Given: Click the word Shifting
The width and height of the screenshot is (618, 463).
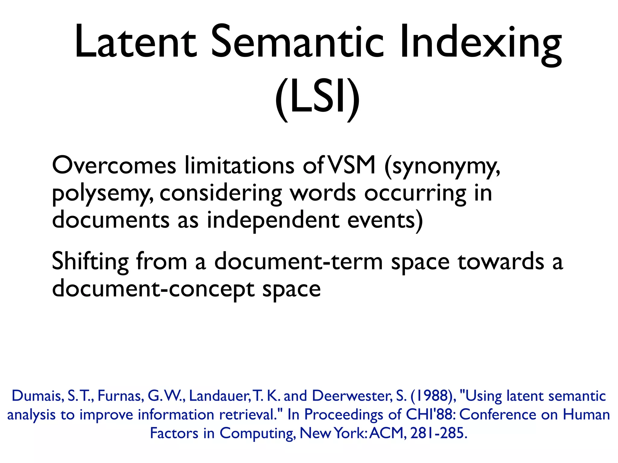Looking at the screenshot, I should (x=90, y=262).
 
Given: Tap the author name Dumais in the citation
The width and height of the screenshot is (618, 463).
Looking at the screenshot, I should (x=37, y=396).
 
